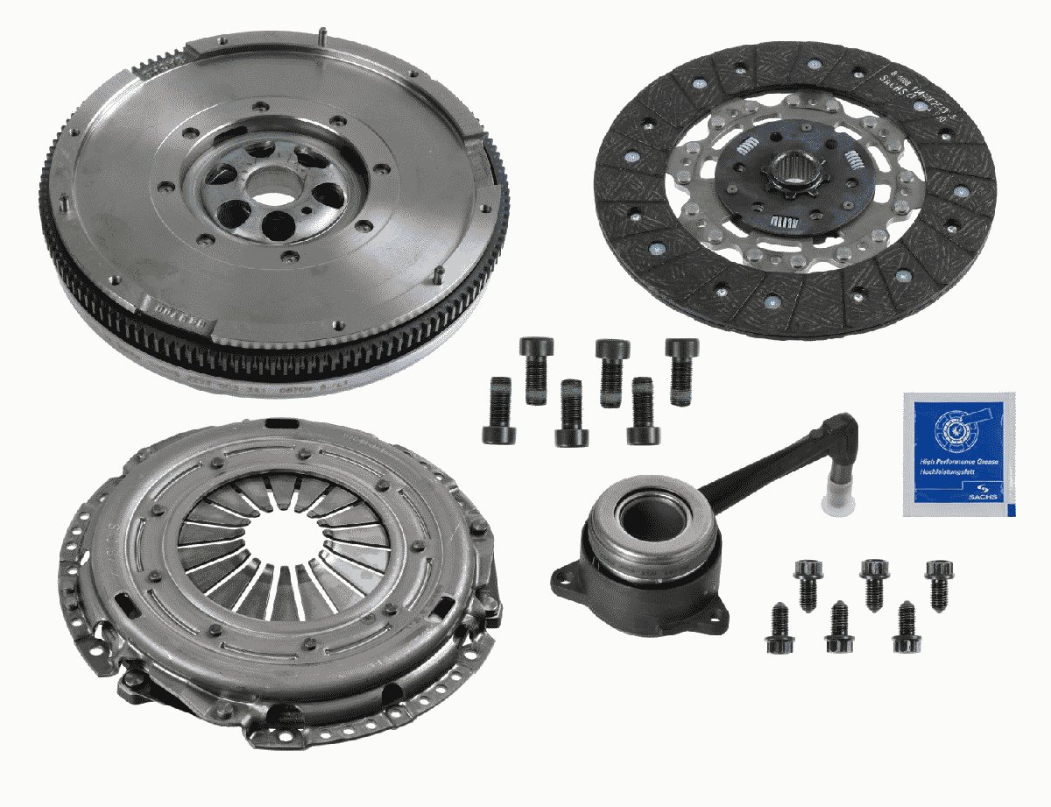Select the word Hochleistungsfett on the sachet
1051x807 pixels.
[946, 473]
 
